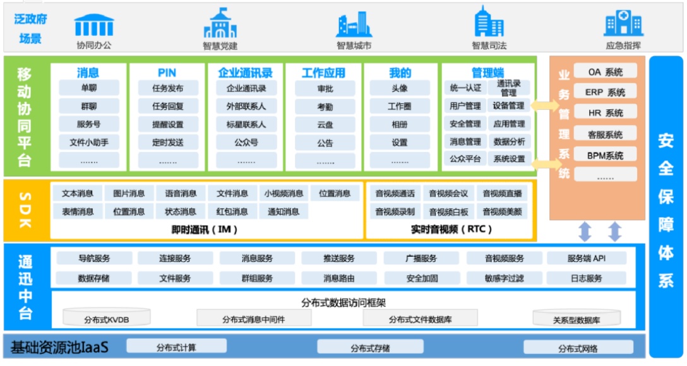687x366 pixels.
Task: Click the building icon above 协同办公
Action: coord(93,25)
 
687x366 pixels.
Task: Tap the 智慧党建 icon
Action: coord(220,24)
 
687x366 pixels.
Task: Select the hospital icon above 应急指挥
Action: coord(623,24)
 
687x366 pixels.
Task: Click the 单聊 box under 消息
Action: coord(89,88)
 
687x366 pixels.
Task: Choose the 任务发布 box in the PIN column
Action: coord(167,88)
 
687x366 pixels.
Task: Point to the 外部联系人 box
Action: coord(246,106)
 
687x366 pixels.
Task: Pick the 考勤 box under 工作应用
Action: coord(325,107)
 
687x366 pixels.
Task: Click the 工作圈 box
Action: coord(399,106)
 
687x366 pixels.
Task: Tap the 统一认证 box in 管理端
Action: coord(465,88)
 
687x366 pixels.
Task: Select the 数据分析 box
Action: coord(509,141)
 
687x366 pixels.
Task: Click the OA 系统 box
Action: coord(605,72)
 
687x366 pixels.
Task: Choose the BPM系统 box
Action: coord(605,155)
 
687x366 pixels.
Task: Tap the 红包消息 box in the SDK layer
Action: coord(232,211)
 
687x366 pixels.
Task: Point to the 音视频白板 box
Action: coord(448,211)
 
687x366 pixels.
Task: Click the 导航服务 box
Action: coord(94,258)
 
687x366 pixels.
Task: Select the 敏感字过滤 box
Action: coord(504,278)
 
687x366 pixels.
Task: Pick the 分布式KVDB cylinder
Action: coord(107,319)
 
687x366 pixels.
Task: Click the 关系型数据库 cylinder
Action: coord(576,319)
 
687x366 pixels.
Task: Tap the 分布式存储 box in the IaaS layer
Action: coord(369,348)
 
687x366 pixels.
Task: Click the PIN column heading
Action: coord(167,73)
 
